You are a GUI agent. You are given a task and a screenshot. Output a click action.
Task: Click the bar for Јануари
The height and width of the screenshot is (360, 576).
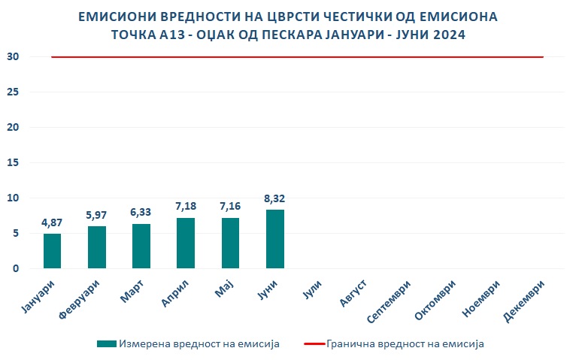pos(52,251)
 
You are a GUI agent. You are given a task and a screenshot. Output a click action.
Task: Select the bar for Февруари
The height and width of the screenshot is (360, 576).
pos(97,247)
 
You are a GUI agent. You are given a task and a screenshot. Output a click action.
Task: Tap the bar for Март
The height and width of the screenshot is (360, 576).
pos(141,246)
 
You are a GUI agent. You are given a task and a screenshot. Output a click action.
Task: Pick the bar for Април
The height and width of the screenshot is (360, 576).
pos(186,243)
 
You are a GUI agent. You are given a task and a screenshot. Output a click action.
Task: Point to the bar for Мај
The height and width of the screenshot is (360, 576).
pos(230,243)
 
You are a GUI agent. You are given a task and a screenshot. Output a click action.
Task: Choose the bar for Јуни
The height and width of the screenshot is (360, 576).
pos(275,239)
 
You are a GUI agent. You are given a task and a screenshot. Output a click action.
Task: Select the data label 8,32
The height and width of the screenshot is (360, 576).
pos(275,198)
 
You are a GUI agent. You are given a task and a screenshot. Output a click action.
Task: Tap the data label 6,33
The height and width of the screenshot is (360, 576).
pos(141,212)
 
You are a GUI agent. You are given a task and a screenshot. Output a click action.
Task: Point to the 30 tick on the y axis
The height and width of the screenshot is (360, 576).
pos(14,56)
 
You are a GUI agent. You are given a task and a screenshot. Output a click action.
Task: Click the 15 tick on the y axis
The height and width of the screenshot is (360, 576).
pos(14,162)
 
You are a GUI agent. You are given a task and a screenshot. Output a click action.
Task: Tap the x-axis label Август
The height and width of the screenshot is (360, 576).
pos(352,293)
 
